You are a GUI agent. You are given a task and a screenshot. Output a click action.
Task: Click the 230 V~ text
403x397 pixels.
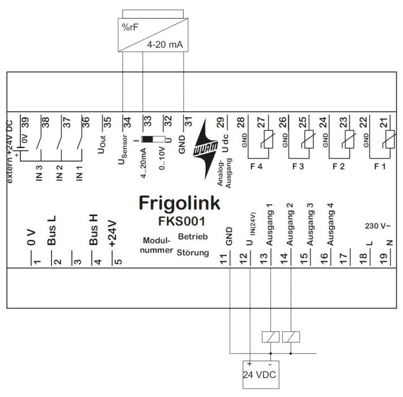(x=376, y=226)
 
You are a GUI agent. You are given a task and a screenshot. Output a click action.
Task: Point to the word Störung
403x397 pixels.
(x=192, y=251)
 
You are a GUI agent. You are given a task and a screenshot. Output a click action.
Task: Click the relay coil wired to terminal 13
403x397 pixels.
(x=270, y=336)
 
